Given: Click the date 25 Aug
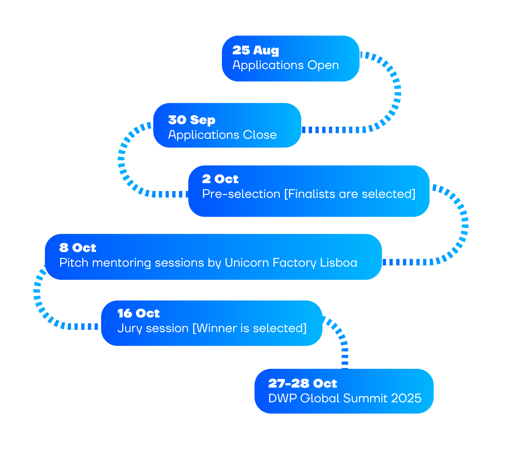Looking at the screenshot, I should point(255,50).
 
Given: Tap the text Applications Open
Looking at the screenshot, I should point(285,65).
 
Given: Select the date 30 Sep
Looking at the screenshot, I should point(191,120).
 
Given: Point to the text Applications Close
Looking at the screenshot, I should point(222,135).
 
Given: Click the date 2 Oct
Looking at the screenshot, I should point(220,179).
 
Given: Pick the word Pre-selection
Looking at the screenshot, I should point(241,194).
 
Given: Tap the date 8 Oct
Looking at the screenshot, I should point(77,248).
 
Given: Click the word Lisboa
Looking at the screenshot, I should point(338,263).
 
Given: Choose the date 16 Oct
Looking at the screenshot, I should point(138,313).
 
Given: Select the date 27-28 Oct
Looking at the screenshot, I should point(302,383).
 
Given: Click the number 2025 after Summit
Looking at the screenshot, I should point(406,398).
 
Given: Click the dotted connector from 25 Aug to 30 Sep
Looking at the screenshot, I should point(397,94).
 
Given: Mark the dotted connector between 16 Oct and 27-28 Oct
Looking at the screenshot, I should point(344,344).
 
